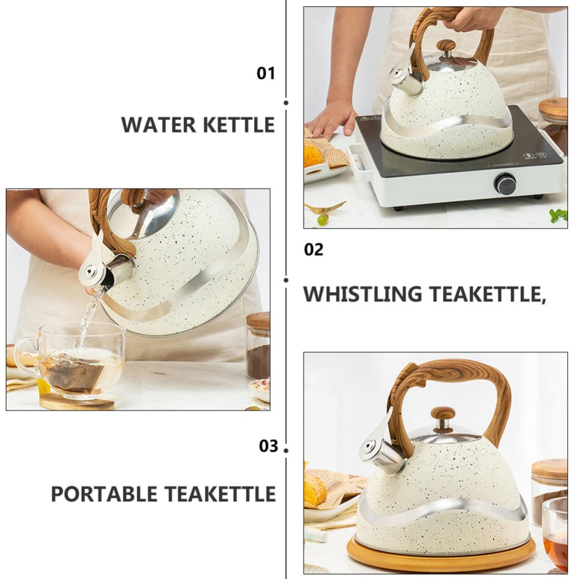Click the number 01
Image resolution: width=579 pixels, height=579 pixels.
coord(266,73)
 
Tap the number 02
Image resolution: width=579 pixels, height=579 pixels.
coord(313,250)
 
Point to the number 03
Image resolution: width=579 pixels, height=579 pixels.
coord(268,446)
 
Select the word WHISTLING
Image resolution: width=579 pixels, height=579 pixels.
coord(362,294)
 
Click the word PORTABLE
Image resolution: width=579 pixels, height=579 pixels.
coord(104,494)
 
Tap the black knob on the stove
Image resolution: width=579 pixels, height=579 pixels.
coord(505,183)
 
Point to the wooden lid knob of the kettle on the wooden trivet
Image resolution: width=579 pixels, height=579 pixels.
coord(443,414)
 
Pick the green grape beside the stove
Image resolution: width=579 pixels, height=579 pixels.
coord(323,220)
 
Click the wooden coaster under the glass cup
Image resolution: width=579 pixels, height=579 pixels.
coord(77,401)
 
